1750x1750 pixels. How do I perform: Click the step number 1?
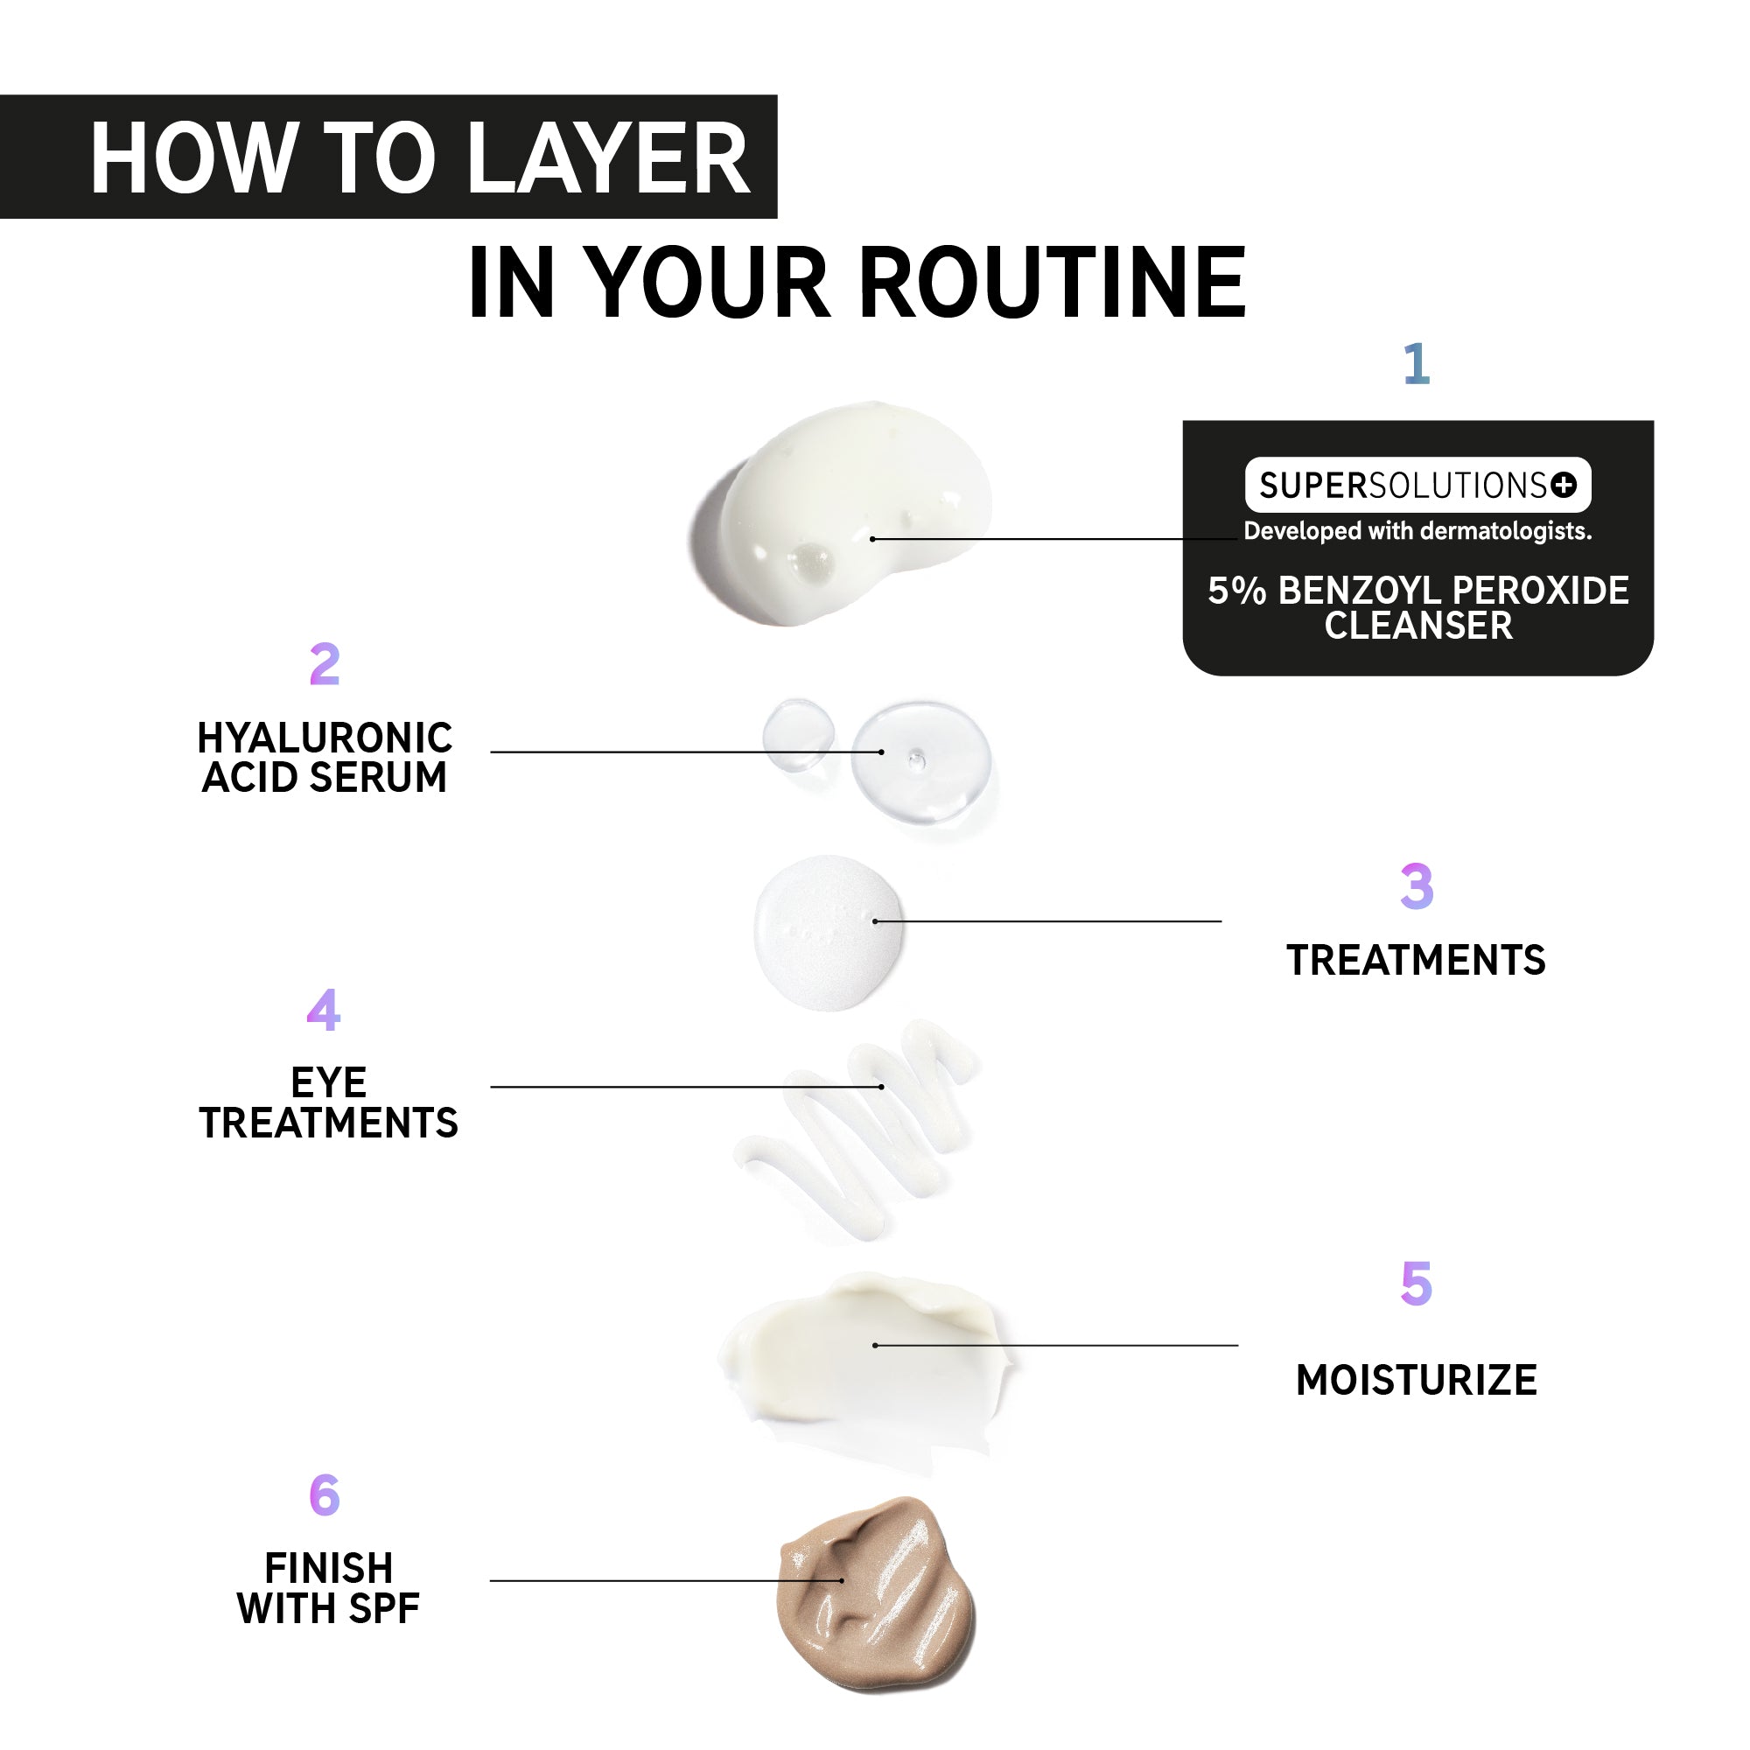pos(1416,364)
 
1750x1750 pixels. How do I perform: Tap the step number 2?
pos(325,664)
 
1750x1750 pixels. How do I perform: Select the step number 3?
pos(1417,885)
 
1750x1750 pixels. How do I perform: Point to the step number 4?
pos(324,1009)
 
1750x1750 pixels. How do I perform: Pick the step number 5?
pos(1417,1284)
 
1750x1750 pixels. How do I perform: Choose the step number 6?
pos(325,1494)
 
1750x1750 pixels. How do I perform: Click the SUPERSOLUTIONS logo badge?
pos(1417,486)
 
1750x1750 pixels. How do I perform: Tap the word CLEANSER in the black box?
pos(1418,626)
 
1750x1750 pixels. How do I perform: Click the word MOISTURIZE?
pos(1417,1381)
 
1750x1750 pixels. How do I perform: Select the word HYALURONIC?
pos(325,738)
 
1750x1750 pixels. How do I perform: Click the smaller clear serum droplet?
pos(798,736)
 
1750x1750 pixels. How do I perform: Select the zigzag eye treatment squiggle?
pos(856,1130)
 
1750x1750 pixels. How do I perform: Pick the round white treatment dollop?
pos(829,932)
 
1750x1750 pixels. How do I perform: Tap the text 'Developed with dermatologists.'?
pos(1417,531)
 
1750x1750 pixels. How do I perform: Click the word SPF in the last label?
pos(384,1609)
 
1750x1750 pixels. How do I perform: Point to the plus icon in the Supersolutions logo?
pos(1564,486)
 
